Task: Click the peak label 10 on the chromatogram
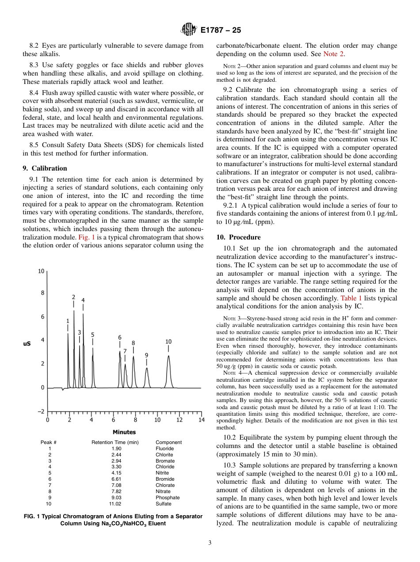coord(168,342)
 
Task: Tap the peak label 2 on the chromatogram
coord(73,297)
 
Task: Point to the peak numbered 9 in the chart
coord(146,355)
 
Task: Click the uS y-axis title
coord(27,343)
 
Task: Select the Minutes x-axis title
coord(124,432)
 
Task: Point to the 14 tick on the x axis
coord(201,420)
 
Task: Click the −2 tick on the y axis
coord(41,411)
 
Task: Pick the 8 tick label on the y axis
coord(42,293)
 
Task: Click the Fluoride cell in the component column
coord(164,448)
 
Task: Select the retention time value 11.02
coord(115,504)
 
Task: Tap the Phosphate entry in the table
coord(168,497)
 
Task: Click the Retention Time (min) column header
coord(115,442)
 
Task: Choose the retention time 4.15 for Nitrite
coord(115,473)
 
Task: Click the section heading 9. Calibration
coord(45,168)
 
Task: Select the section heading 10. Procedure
coord(238,237)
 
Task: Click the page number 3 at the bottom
coord(210,543)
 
